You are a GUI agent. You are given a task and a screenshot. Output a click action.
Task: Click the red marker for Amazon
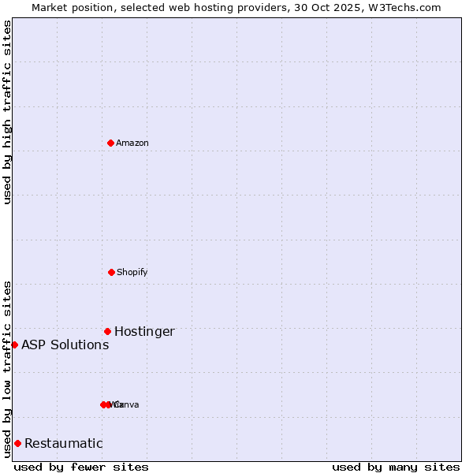coord(111,143)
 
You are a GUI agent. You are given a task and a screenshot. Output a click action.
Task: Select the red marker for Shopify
coord(111,272)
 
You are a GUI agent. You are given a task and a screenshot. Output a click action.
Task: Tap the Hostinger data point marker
coord(107,331)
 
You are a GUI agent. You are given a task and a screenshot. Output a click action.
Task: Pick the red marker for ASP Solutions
coord(14,345)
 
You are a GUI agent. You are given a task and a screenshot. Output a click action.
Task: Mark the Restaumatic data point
coord(17,443)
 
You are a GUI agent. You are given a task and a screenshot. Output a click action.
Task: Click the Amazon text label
coord(132,143)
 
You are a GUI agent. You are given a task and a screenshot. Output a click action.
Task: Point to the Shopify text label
coord(132,272)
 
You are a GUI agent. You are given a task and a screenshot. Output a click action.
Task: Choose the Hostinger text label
coord(144,331)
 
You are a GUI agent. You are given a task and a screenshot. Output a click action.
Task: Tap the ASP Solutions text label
coord(65,345)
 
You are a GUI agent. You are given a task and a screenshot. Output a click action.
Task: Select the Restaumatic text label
coord(63,443)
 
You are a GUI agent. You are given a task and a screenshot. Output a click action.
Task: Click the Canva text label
coord(126,404)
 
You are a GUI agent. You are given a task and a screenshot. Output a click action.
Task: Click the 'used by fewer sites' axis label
coord(81,467)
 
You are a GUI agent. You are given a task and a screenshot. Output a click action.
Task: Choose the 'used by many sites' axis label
coord(396,467)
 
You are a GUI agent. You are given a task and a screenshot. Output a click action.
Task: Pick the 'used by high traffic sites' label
coord(7,112)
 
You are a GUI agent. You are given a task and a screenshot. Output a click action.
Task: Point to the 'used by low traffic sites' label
coord(7,369)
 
